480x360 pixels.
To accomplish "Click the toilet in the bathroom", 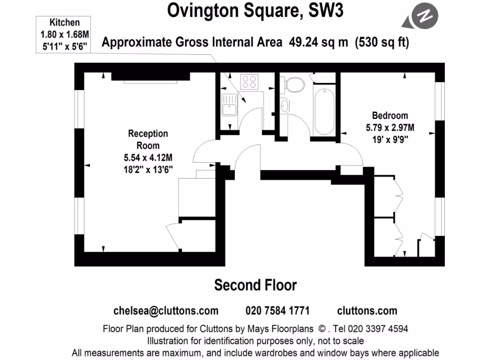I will [x=294, y=85].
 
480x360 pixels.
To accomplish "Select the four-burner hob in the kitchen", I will [x=249, y=82].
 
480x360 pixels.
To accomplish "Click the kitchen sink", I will [x=229, y=104].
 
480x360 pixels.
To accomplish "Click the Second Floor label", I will [x=255, y=285].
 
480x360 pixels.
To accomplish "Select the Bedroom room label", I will [x=390, y=115].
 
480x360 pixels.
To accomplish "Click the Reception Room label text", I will [x=148, y=139].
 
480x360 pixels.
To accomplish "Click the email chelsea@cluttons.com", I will [x=166, y=310].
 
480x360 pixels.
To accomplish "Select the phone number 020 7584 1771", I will [x=277, y=310].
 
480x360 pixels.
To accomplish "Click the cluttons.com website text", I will [x=367, y=310].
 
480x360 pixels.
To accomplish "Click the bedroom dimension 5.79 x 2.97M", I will [x=390, y=127].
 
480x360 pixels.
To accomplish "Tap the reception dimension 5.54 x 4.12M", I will [x=148, y=157].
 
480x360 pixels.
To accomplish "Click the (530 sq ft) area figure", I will [x=382, y=42].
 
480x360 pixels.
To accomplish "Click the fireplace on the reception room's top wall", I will [x=150, y=77].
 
